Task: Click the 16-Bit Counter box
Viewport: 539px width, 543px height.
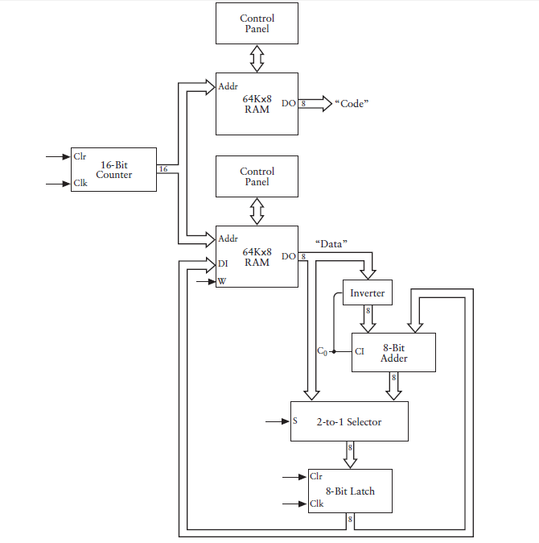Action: [113, 169]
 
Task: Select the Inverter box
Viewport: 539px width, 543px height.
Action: [367, 293]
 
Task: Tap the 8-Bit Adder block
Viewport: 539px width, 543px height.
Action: [393, 352]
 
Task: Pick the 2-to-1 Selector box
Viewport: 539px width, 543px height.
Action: [349, 421]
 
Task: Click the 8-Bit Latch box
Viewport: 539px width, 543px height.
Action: [350, 491]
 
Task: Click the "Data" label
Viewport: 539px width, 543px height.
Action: [331, 243]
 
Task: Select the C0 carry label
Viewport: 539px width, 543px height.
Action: [322, 352]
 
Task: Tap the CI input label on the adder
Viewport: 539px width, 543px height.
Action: [360, 351]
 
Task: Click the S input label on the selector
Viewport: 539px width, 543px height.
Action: [295, 421]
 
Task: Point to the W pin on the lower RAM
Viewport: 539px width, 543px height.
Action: [222, 282]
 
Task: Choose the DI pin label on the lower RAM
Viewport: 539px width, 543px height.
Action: [224, 263]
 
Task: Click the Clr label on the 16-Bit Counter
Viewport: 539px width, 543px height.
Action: [80, 156]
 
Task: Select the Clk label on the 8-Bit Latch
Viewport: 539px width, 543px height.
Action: [316, 504]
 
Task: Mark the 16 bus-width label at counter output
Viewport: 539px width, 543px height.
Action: [163, 169]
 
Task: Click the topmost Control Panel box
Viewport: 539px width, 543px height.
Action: [257, 23]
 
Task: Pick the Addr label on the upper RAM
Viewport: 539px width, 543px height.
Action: [228, 85]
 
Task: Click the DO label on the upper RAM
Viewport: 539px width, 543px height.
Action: [288, 103]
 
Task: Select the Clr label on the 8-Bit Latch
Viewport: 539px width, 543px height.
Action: [315, 477]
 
